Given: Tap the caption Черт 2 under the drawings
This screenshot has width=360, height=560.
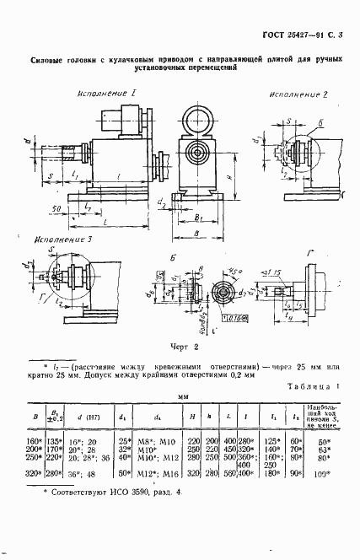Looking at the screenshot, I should [x=181, y=346].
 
